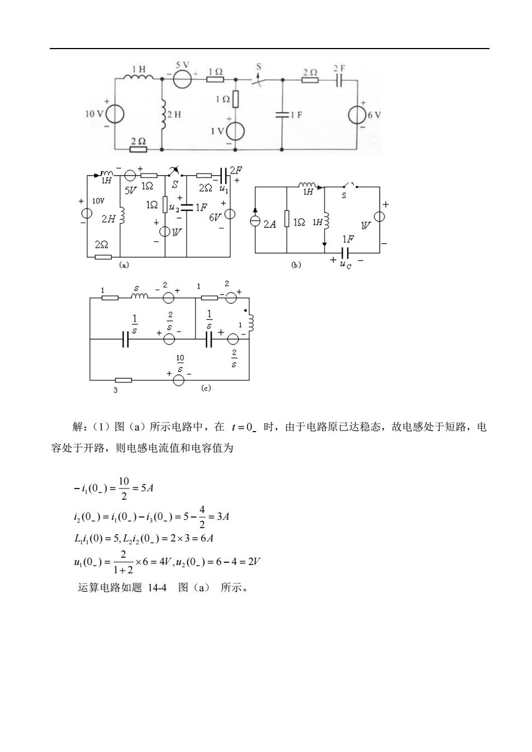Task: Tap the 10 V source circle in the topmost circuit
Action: pos(115,114)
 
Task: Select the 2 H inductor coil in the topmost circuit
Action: pos(163,114)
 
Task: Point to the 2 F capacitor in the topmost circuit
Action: pos(339,80)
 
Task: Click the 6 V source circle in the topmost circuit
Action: pos(357,115)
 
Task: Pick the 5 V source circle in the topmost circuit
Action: pos(182,79)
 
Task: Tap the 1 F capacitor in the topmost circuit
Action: pos(282,115)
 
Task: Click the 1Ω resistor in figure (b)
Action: pos(287,219)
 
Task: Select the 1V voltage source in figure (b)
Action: pos(379,217)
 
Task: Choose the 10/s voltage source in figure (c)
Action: pos(178,380)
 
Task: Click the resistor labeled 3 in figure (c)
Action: pos(123,380)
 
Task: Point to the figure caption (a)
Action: pos(124,265)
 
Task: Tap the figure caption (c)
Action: pos(206,388)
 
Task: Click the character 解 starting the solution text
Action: pos(78,427)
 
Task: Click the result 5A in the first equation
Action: pos(147,488)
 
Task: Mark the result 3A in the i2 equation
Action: pos(223,516)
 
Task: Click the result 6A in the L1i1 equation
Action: pos(207,539)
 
